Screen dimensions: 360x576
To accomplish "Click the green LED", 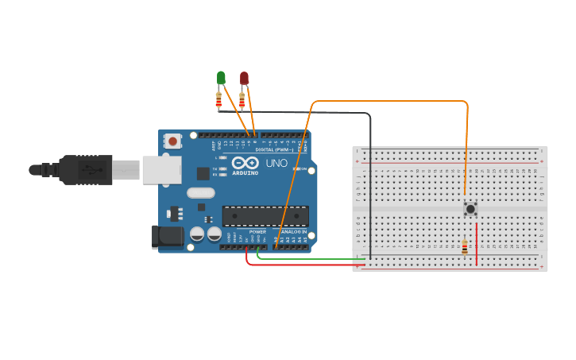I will click(x=221, y=78).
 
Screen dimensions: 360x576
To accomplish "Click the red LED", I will click(x=244, y=78).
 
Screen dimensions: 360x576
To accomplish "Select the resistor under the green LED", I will click(x=219, y=99).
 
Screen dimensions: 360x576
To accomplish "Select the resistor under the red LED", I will click(x=242, y=99).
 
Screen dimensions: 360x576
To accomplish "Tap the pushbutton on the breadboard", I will click(x=470, y=209).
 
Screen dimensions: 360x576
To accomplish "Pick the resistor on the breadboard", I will click(x=464, y=248).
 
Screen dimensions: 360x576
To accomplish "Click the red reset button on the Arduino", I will click(x=172, y=141).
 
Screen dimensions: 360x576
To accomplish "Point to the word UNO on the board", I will click(x=276, y=163).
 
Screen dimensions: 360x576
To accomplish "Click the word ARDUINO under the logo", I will click(x=245, y=172).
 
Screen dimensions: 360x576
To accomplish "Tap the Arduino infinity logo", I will click(x=245, y=163).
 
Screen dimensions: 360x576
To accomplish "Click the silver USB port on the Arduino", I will click(x=161, y=169).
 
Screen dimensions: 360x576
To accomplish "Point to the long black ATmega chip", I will click(x=265, y=215).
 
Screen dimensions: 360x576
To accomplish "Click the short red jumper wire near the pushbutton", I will click(x=477, y=234).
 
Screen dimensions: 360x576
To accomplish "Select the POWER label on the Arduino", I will click(x=257, y=232).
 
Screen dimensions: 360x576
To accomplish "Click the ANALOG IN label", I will click(x=293, y=232).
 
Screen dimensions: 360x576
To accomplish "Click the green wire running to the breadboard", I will click(x=318, y=258).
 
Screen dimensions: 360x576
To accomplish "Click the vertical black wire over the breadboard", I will click(x=370, y=191).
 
